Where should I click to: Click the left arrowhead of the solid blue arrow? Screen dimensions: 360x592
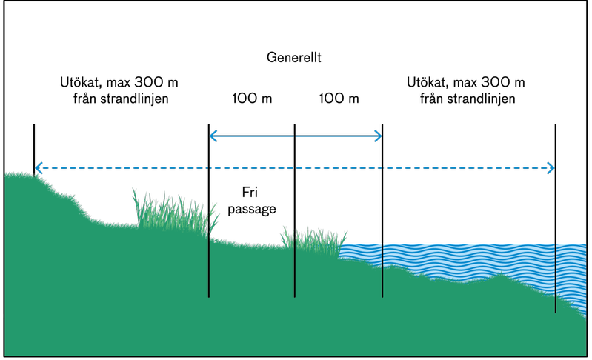212,136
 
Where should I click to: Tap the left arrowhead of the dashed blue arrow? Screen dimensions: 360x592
38,168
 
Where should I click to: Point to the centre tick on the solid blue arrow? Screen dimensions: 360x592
295,136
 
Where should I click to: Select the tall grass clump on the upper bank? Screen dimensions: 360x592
174,213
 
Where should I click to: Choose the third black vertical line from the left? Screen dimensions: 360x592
382,270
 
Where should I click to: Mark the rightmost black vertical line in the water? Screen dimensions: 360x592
556,278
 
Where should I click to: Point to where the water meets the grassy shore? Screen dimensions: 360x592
340,256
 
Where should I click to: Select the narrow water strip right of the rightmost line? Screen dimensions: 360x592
572,274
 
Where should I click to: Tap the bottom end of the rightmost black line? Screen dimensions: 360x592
556,311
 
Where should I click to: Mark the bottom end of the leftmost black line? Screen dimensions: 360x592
209,296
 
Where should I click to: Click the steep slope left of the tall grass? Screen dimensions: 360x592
74,204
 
